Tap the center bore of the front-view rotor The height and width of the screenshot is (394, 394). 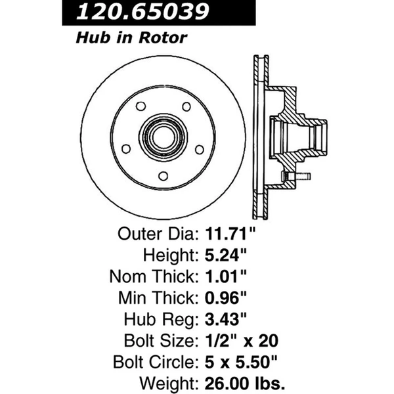click(x=161, y=136)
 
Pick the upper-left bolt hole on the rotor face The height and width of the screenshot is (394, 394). click(x=139, y=106)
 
